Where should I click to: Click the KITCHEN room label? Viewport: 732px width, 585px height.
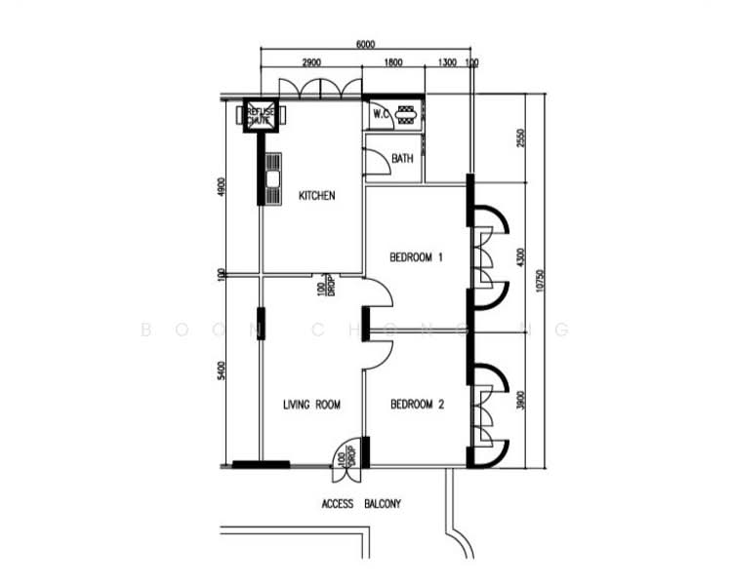pyautogui.click(x=316, y=196)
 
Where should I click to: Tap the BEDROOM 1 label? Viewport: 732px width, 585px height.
pyautogui.click(x=417, y=258)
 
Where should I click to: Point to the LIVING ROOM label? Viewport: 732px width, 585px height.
pyautogui.click(x=311, y=405)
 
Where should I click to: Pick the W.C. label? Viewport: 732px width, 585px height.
pyautogui.click(x=381, y=114)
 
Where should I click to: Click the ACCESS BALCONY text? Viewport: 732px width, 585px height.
pyautogui.click(x=361, y=504)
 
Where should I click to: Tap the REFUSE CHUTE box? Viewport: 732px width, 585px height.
pyautogui.click(x=261, y=115)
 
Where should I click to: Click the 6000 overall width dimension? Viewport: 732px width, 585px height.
pyautogui.click(x=365, y=45)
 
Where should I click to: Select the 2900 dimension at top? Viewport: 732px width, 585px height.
pyautogui.click(x=311, y=63)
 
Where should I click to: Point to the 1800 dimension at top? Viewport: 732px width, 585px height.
pyautogui.click(x=392, y=63)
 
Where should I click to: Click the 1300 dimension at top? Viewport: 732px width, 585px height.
pyautogui.click(x=447, y=63)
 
